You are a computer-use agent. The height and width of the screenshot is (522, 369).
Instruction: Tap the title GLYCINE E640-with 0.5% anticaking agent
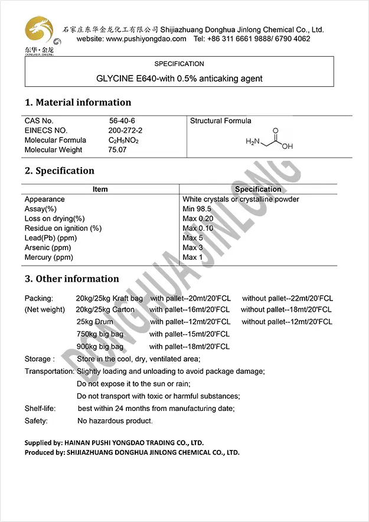179,78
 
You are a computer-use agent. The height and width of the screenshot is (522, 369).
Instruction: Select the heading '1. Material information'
78,102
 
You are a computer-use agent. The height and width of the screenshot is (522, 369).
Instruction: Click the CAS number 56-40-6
122,120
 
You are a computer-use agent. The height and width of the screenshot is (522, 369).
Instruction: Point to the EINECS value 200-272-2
125,130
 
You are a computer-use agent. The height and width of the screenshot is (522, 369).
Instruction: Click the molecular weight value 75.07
117,149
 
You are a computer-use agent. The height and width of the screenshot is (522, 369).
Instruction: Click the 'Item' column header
100,189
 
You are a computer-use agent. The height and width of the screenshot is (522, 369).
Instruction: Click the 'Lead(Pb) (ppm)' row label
51,238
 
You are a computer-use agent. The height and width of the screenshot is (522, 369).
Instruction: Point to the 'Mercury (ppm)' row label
49,257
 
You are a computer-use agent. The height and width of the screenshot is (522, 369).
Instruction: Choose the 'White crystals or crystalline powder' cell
241,199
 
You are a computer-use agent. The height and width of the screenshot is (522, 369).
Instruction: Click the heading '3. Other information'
72,279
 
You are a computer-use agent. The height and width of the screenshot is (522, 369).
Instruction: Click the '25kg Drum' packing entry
94,322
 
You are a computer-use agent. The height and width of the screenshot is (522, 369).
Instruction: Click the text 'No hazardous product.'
115,421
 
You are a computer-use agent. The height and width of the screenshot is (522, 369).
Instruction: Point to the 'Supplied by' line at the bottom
114,442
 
